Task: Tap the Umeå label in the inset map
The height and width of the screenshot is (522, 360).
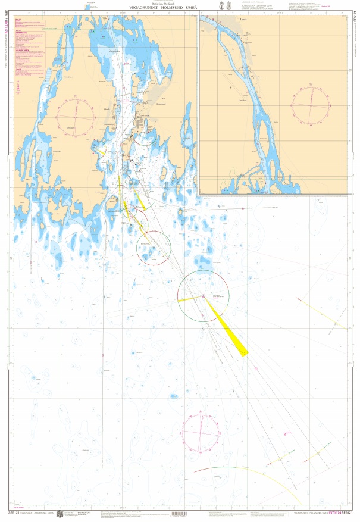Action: [x=242, y=20]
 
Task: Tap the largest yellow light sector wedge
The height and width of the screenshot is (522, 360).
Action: [x=231, y=333]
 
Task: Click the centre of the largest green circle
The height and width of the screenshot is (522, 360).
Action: [x=202, y=296]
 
